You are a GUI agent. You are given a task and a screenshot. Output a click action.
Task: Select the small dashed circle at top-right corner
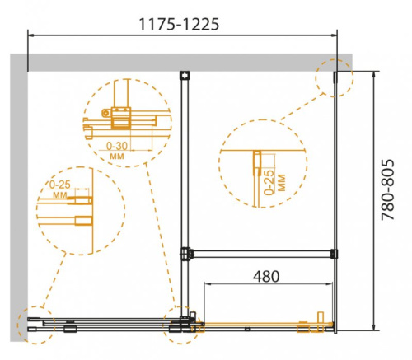coord(334,78)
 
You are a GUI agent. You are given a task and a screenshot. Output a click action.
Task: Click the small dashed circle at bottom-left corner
coord(34,325)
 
